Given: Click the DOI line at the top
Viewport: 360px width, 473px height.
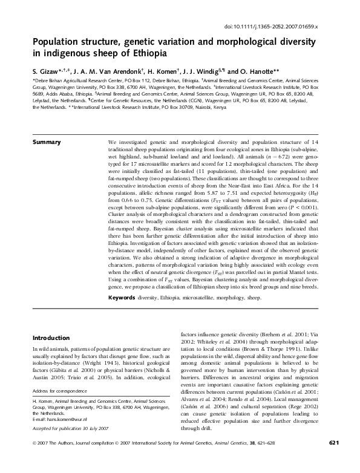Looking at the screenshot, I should [x=284, y=27].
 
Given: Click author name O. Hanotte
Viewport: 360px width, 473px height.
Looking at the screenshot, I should [x=261, y=70].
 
